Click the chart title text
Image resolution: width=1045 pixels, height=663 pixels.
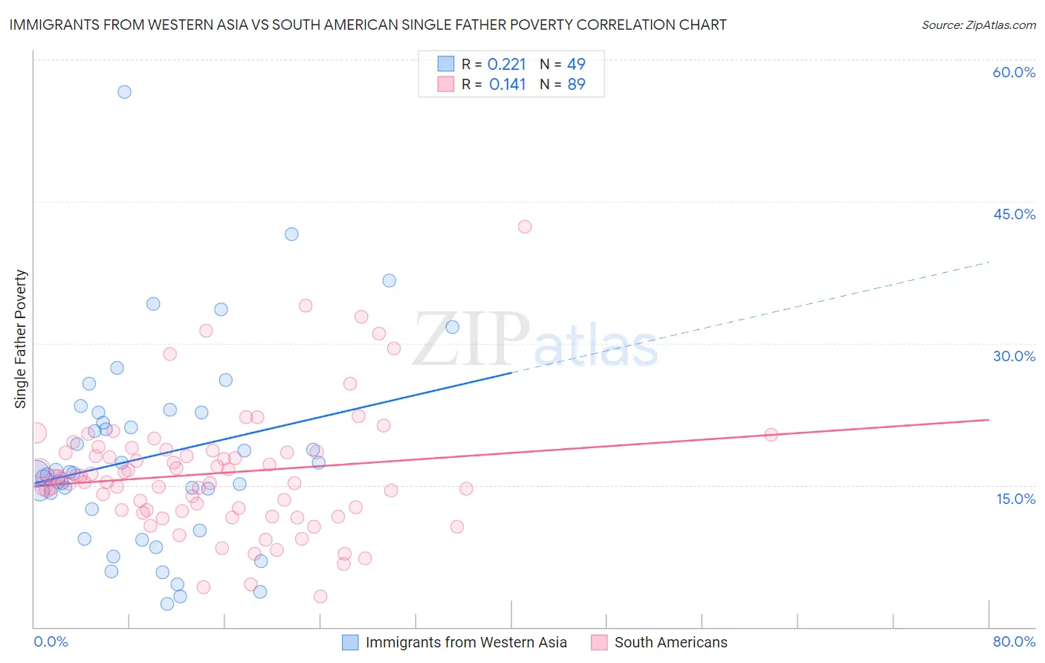tap(368, 25)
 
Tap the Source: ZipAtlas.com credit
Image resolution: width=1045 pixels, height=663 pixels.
tap(978, 25)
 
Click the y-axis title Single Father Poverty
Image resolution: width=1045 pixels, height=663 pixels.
tap(21, 339)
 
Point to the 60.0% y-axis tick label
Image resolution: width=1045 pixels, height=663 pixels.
tap(1014, 72)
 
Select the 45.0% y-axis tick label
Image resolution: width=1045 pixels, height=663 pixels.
tap(1014, 214)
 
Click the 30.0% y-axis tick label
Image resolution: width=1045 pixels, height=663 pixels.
tap(1014, 356)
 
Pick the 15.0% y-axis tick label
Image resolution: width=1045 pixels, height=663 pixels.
tap(1015, 499)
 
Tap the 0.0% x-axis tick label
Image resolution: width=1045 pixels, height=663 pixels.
tap(51, 641)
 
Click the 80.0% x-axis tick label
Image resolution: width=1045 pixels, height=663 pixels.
tap(1014, 641)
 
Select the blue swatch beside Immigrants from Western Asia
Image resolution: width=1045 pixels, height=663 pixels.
tap(350, 642)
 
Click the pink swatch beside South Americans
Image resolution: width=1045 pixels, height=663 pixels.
tap(599, 642)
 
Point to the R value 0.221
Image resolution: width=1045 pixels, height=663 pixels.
tap(506, 64)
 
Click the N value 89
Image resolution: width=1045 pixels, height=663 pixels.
tap(576, 84)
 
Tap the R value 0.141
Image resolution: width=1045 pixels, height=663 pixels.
tap(507, 84)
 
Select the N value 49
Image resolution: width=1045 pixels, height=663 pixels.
tap(576, 64)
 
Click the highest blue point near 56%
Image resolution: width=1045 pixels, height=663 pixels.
tap(124, 92)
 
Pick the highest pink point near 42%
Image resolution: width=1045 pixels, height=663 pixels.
tap(525, 227)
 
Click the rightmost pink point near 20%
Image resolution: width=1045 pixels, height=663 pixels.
tap(771, 435)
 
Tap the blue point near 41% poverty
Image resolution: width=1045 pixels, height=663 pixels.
tap(291, 234)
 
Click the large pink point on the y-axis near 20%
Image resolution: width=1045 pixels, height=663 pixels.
tap(36, 433)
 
